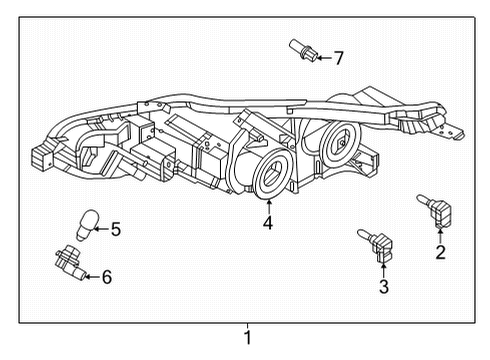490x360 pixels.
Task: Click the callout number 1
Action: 247,338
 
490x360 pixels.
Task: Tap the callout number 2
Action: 440,252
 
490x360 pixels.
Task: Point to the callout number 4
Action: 268,224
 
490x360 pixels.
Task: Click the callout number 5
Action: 115,230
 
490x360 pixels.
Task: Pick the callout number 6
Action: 107,276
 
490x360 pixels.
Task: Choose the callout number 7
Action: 338,58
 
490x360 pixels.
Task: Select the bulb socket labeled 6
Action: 68,262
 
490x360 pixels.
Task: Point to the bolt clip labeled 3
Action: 375,243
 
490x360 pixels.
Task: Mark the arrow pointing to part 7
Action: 322,57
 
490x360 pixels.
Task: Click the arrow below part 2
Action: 440,234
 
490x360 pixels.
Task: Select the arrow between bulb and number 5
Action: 100,230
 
